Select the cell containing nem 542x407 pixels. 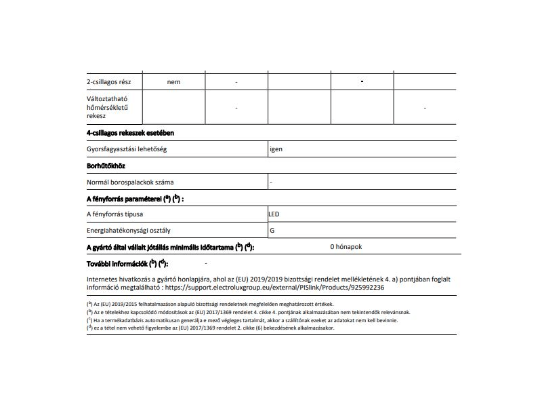pos(173,82)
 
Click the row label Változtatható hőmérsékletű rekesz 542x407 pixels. pos(108,107)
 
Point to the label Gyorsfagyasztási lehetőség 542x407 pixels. pos(127,149)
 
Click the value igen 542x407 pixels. pos(276,149)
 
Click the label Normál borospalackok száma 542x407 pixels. pos(130,182)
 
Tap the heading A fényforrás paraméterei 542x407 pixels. pos(135,199)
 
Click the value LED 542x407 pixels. pos(274,214)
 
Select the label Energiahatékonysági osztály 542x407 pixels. pos(128,231)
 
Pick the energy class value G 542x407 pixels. pos(272,231)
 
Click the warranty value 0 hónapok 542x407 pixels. pos(346,247)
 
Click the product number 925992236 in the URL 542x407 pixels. pos(364,288)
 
